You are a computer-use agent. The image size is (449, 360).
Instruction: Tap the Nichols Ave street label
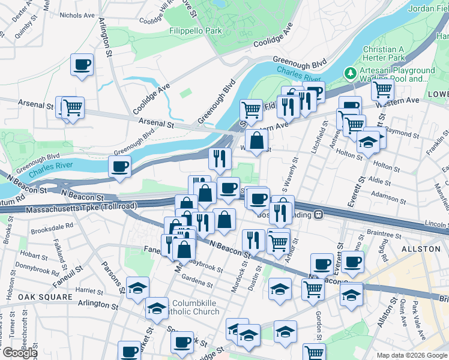pyautogui.click(x=77, y=14)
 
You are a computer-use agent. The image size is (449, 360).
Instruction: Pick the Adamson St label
pyautogui.click(x=388, y=194)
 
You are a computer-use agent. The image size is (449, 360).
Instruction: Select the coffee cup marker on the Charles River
pyautogui.click(x=119, y=166)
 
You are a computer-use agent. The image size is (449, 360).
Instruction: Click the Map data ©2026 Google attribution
pyautogui.click(x=412, y=355)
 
